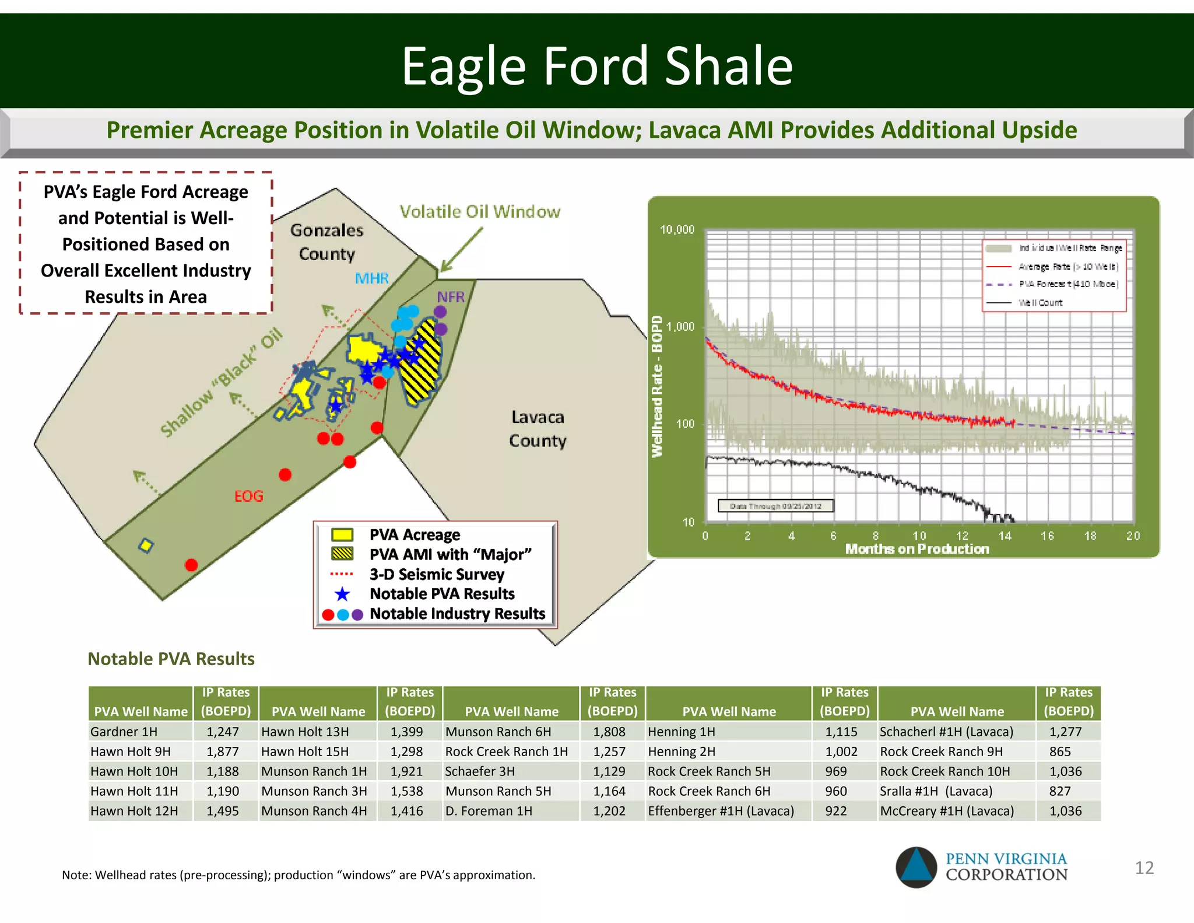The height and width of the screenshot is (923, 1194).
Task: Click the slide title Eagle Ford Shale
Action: pos(597,65)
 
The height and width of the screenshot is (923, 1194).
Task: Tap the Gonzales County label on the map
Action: pos(326,242)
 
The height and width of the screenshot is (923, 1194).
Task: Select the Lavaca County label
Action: pos(538,429)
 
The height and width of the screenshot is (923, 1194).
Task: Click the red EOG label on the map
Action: pos(249,496)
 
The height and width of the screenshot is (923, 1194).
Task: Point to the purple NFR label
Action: pos(451,296)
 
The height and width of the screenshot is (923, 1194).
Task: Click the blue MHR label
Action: pos(371,278)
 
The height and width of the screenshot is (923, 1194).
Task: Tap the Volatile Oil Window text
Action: pos(479,212)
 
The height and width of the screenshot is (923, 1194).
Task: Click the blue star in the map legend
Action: pos(342,594)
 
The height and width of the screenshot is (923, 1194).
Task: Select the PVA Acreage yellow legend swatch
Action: pos(342,534)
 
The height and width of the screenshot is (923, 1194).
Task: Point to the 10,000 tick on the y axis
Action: pos(677,229)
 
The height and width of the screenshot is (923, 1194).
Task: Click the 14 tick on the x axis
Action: pos(1005,535)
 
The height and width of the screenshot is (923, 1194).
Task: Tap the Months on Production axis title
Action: pos(917,549)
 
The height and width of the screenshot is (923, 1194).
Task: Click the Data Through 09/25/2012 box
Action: pos(775,506)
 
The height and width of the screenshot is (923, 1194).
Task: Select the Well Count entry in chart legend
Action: pos(1040,303)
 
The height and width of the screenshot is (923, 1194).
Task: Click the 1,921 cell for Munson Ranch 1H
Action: pos(406,771)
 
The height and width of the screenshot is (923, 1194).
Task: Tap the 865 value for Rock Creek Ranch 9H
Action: pos(1060,751)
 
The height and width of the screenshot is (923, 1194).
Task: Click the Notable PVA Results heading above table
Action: pos(171,659)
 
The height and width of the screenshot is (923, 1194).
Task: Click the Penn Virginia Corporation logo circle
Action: pos(916,867)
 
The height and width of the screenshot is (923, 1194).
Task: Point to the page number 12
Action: pos(1144,868)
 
